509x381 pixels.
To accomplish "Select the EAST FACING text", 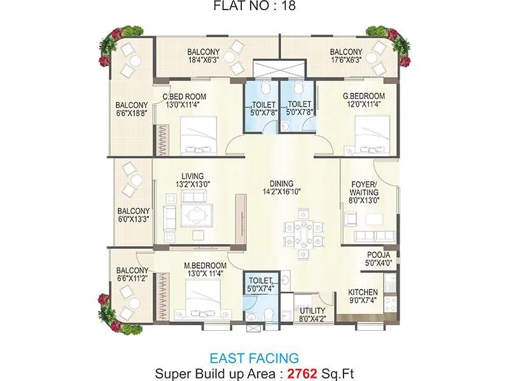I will pos(254,358).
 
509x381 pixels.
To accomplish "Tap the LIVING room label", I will pos(192,176).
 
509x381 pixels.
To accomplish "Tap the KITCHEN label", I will pos(363,293).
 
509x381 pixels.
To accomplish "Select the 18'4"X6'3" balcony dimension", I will pos(204,60).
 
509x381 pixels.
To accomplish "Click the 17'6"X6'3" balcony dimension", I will pos(346,60).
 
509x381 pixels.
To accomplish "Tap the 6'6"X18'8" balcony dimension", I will pos(132,114).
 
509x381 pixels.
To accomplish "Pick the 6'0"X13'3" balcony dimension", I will pos(134,220).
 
